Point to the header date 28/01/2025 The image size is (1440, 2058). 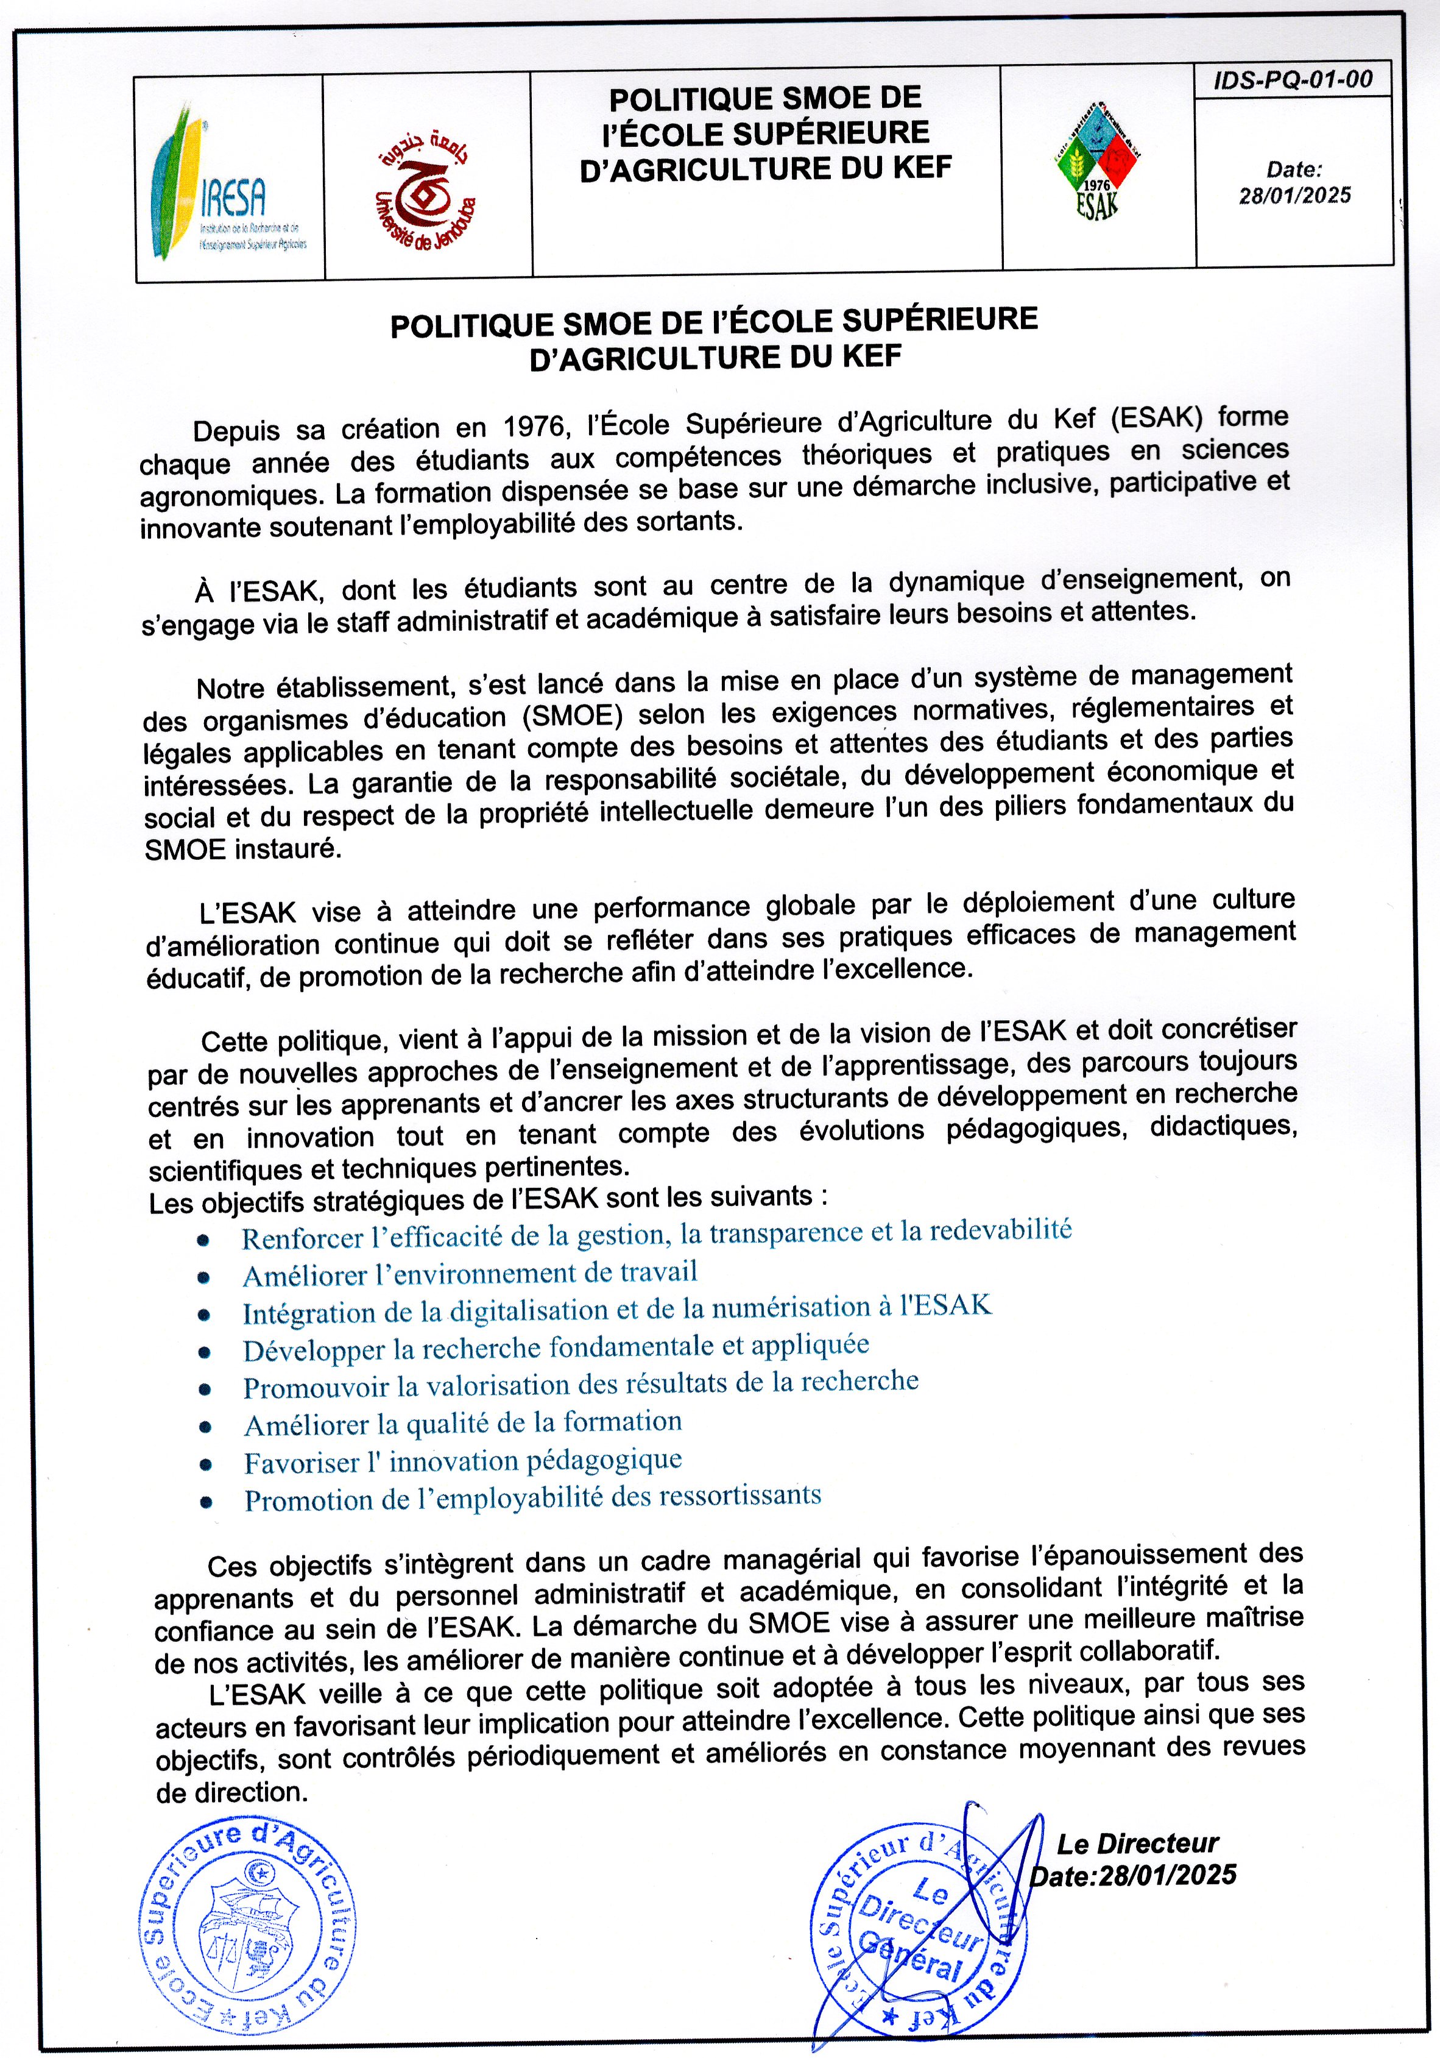[x=1295, y=196]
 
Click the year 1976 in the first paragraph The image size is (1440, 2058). [x=534, y=426]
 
